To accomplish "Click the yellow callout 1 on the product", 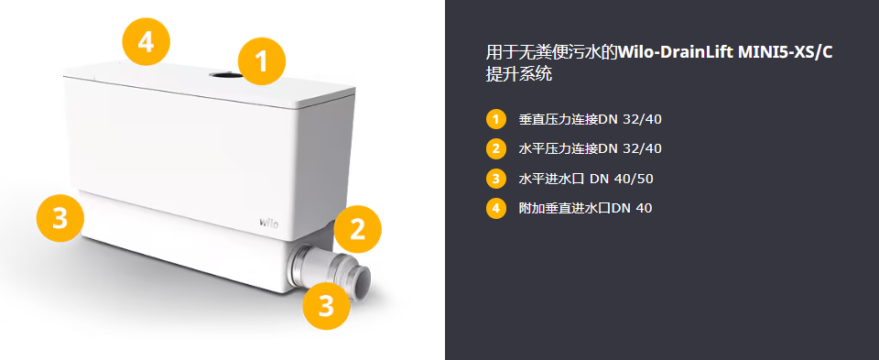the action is (x=262, y=61).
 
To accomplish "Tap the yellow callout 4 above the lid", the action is (x=146, y=41).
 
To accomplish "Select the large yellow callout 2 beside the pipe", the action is (x=358, y=229).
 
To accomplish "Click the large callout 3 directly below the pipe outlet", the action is (x=326, y=306).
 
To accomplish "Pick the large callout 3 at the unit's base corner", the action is (x=60, y=218).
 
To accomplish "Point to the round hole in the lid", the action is (x=226, y=74).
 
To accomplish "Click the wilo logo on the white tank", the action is (x=268, y=222).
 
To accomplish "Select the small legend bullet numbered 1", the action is (x=495, y=119).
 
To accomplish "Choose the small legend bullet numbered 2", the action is (x=495, y=148).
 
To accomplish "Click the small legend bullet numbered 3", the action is (x=495, y=179).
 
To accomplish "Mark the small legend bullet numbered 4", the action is (x=495, y=209).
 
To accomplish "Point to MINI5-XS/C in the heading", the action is (x=785, y=53).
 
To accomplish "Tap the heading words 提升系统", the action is (x=519, y=74).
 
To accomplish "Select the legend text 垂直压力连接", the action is (x=559, y=119).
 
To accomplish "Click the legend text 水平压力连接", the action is (x=559, y=148).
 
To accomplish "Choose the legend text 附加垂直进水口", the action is (x=565, y=209).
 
